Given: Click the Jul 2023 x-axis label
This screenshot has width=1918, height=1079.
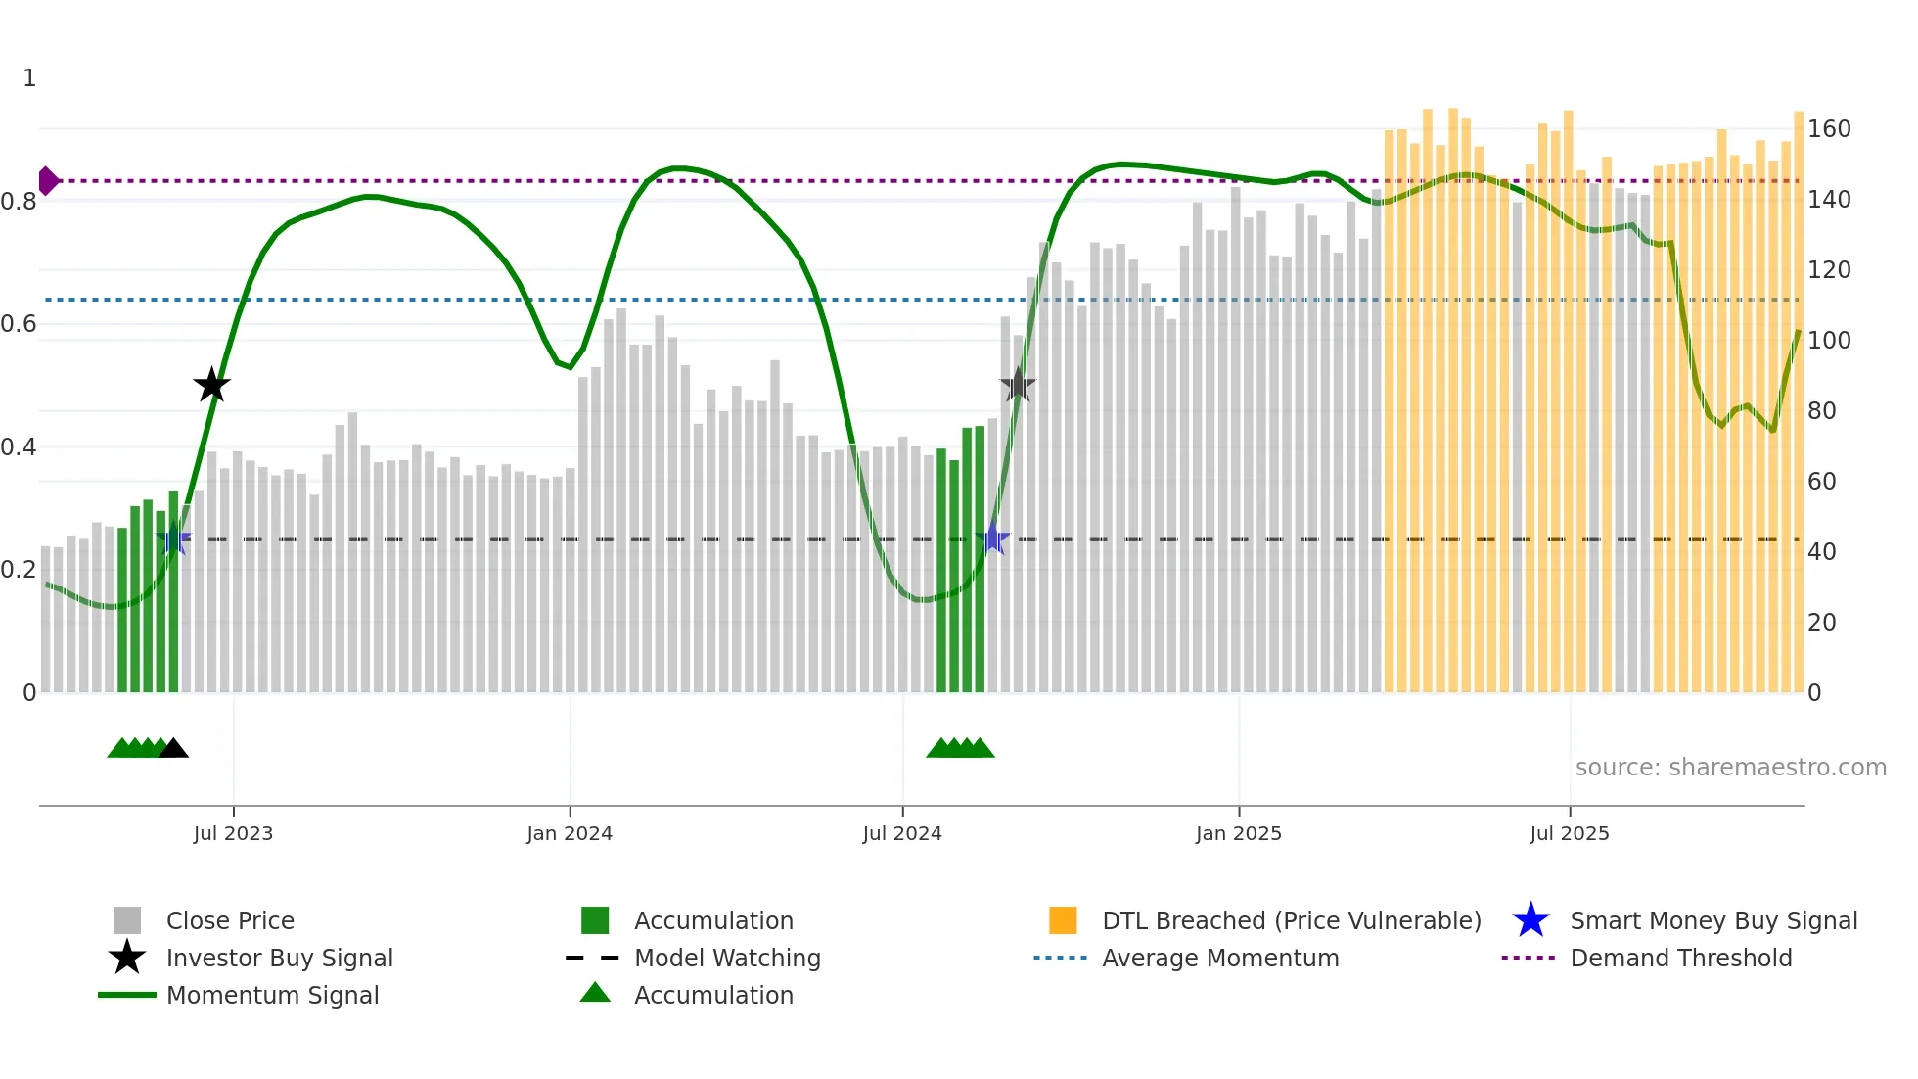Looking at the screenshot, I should point(233,833).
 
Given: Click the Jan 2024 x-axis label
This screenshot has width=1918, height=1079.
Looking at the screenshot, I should point(570,833).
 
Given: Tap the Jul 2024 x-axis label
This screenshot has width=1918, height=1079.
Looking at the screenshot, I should point(902,833).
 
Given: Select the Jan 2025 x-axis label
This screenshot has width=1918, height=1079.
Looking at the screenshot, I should point(1238,833).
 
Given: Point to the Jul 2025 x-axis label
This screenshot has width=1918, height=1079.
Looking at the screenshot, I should point(1570,833).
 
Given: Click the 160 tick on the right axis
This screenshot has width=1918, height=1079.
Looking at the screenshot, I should point(1828,129).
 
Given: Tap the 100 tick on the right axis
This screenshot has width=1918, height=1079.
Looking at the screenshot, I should point(1828,341).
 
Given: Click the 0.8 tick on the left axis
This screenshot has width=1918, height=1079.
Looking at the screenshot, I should point(20,202).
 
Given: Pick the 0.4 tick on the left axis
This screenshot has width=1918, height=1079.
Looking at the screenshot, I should point(20,447).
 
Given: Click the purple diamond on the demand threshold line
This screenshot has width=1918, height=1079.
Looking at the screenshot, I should point(47,181).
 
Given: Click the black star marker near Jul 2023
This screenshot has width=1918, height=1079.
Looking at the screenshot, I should point(211,386).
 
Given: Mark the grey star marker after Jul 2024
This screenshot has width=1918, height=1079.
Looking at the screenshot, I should point(1018,386).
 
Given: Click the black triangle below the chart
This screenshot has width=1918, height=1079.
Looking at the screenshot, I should point(173,749).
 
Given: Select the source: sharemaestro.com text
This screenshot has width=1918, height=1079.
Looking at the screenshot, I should point(1730,768).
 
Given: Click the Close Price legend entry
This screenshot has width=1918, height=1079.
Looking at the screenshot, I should point(230,920).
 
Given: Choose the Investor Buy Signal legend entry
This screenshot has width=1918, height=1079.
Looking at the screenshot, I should point(279,958).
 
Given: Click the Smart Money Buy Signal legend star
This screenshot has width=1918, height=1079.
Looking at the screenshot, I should point(1530,920).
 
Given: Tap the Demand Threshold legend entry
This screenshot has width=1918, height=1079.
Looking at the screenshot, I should point(1680,958).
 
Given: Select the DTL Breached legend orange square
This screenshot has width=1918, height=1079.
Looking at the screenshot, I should point(1063,920).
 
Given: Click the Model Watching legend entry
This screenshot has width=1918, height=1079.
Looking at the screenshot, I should point(727,958).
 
